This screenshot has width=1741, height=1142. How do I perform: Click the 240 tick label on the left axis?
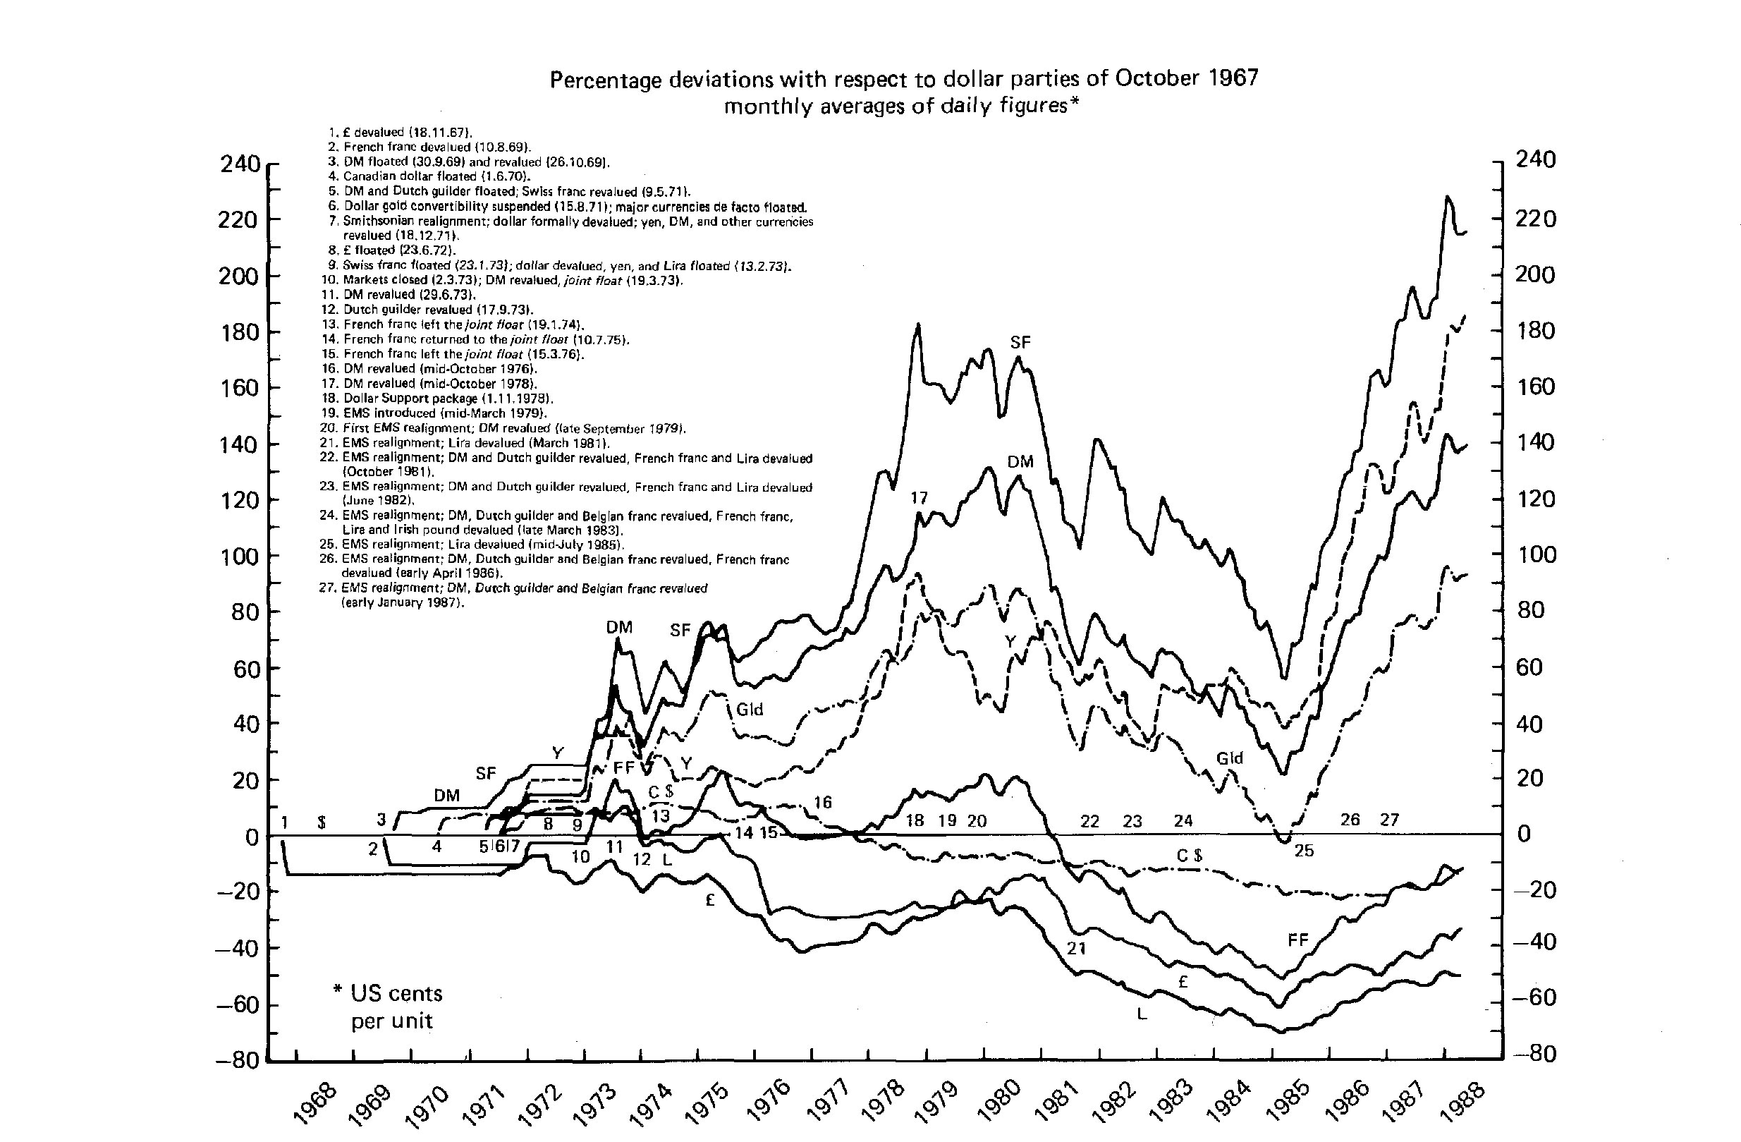[240, 164]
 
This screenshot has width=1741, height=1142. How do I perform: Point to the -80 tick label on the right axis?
[1534, 1054]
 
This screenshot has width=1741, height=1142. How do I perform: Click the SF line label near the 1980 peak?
[1020, 341]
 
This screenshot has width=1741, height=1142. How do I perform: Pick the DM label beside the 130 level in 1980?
[1020, 461]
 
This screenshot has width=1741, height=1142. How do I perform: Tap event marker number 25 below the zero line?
[1304, 851]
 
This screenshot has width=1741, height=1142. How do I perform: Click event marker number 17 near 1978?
[919, 498]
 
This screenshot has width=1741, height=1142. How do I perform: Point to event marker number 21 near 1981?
[1075, 949]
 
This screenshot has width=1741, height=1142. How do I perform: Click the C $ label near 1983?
[1190, 855]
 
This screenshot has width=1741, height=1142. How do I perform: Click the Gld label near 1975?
[749, 709]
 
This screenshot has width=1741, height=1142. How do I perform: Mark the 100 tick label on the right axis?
[1534, 554]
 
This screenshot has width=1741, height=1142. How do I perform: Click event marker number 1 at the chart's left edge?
[284, 822]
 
